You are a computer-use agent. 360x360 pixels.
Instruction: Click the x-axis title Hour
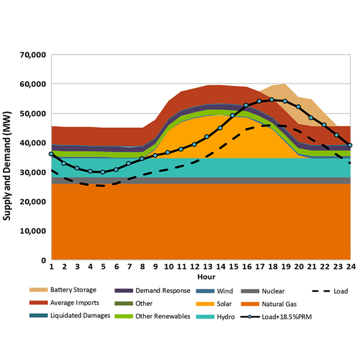point(200,277)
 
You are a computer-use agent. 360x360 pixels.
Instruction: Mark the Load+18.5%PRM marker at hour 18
point(272,100)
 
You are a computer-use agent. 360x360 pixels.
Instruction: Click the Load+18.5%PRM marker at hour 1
point(52,154)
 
